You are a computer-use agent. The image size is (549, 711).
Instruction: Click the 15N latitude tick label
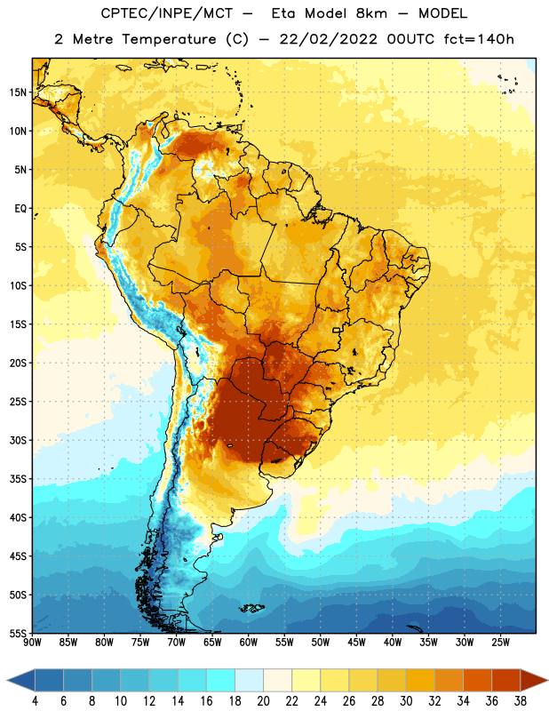pos(18,92)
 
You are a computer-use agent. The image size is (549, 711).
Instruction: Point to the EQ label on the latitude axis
pos(20,209)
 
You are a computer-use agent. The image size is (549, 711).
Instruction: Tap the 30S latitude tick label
pos(18,440)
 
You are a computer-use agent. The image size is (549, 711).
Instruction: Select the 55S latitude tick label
pos(18,633)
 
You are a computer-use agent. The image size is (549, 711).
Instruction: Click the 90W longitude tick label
pos(32,643)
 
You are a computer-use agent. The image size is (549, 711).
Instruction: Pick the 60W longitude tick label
pos(249,643)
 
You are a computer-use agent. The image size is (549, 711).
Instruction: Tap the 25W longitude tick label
pos(500,643)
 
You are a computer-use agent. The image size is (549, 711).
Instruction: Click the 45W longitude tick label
pos(356,643)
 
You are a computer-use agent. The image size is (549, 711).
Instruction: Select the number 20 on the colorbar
pos(263,701)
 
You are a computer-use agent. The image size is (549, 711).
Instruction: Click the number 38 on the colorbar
pos(520,701)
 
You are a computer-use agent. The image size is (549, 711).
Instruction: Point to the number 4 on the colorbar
pos(35,701)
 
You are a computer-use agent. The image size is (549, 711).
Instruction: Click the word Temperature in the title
pos(169,39)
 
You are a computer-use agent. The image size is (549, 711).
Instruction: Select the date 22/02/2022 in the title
pos(329,39)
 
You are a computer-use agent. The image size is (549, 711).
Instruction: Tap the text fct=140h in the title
pos(479,39)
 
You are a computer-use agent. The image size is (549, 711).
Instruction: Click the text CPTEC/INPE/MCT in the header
pos(167,13)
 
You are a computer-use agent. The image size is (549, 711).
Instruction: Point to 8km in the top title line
pos(371,13)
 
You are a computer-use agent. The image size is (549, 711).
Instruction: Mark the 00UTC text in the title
pos(410,39)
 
